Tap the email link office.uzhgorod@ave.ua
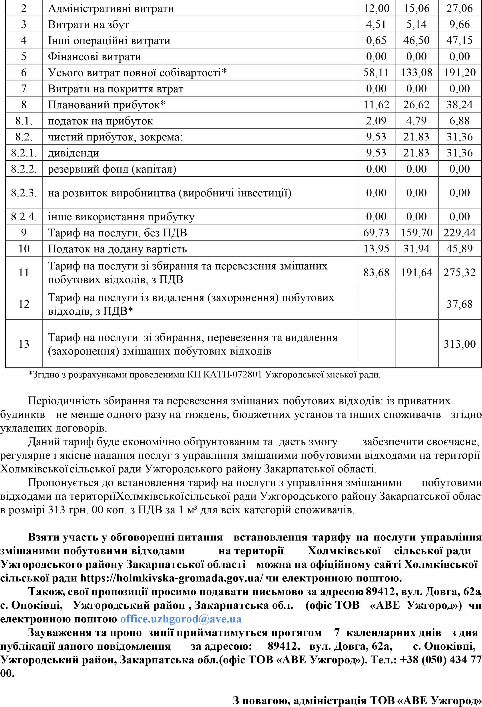coord(181,619)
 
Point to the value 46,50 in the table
coord(416,40)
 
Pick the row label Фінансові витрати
coord(94,57)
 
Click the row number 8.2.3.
coord(24,193)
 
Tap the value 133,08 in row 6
coord(416,72)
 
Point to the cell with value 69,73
coord(376,233)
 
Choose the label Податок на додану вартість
coord(117,249)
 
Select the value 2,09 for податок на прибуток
coord(376,121)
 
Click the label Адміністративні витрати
coord(111,8)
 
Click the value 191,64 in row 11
coord(416,272)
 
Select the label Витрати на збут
coord(88,24)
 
